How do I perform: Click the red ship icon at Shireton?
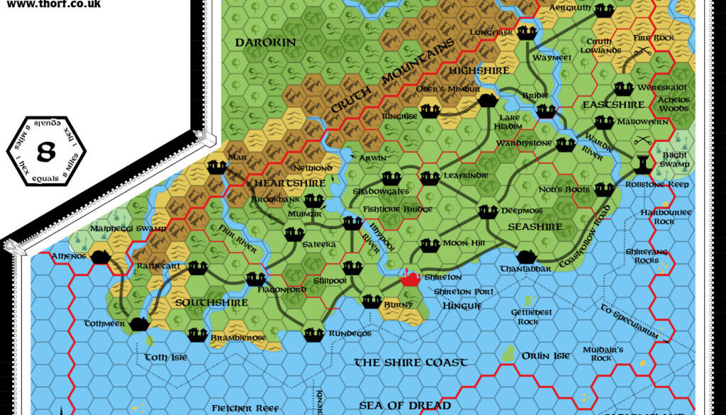click(410, 277)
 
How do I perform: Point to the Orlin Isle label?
click(545, 356)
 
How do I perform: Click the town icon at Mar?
click(217, 167)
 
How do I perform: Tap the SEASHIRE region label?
click(535, 227)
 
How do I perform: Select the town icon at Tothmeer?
click(140, 323)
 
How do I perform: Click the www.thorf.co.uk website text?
click(53, 4)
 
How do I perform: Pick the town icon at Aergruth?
click(603, 10)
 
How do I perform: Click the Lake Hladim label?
click(510, 122)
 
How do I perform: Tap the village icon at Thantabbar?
click(525, 256)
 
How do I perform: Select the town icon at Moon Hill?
click(430, 245)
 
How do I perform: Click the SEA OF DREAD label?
click(405, 405)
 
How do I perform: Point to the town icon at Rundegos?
click(313, 333)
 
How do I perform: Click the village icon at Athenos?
click(101, 255)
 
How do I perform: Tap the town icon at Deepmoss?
click(487, 211)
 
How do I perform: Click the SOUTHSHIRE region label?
click(202, 303)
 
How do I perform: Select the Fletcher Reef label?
click(242, 408)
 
